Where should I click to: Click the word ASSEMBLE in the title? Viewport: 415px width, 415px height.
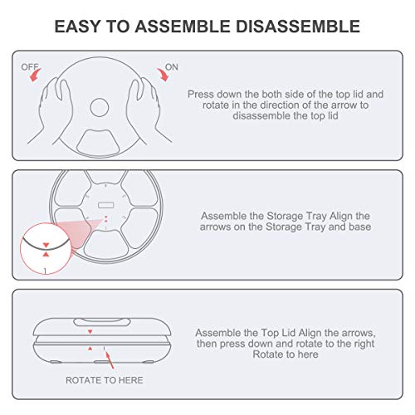pos(183,27)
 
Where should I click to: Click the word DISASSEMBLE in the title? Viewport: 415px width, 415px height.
pos(298,27)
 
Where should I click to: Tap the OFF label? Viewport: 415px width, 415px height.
pos(30,67)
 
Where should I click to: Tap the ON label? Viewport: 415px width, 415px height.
pos(172,67)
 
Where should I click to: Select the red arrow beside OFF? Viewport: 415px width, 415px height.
pos(35,76)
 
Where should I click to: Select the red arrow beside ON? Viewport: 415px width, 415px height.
pos(164,75)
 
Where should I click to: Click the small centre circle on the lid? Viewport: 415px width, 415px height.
pos(100,107)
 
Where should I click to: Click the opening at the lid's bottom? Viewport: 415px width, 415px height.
pos(100,143)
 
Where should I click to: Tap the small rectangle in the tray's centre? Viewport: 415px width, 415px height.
pos(106,205)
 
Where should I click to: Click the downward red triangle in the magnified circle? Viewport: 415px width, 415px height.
pos(46,245)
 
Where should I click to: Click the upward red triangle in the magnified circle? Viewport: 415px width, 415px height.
pos(46,254)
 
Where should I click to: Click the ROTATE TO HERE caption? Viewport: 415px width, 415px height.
pos(105,380)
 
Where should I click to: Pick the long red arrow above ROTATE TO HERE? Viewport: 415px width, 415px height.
pos(109,359)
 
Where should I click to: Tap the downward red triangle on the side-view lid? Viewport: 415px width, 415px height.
pos(90,331)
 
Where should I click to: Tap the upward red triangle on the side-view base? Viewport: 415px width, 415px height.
pos(90,349)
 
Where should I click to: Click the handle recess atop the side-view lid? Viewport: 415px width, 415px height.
pos(102,322)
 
